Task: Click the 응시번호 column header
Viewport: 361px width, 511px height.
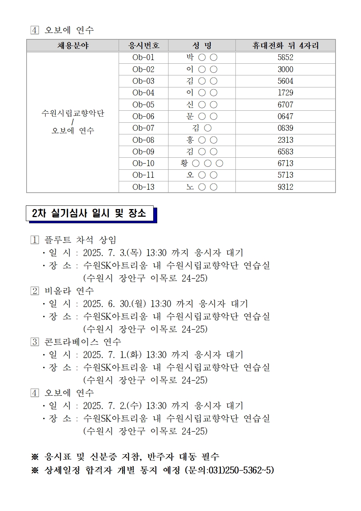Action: [x=143, y=46]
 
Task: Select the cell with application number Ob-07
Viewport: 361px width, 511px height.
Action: [x=143, y=128]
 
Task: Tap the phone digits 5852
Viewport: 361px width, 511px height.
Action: [x=285, y=58]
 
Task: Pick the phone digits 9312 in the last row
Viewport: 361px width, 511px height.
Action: [x=285, y=187]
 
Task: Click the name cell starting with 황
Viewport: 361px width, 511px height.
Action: [x=202, y=164]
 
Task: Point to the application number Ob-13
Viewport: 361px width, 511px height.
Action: [x=143, y=187]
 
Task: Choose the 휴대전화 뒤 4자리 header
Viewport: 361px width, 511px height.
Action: [x=285, y=46]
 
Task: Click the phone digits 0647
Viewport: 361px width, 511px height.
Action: [x=285, y=117]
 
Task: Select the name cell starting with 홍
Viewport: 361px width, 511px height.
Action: [x=202, y=140]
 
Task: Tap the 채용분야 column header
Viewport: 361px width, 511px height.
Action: [x=73, y=46]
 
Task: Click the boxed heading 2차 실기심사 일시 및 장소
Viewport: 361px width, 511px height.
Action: [x=89, y=213]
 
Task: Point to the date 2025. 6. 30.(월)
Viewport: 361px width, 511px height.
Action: [x=114, y=304]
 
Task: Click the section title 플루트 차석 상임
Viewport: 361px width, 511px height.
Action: [x=80, y=240]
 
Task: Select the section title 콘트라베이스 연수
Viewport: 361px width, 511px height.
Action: [x=83, y=342]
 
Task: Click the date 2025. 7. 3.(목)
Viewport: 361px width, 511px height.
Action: [x=112, y=253]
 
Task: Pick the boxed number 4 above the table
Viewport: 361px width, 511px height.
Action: [x=35, y=30]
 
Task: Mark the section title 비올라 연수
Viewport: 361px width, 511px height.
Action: [x=69, y=291]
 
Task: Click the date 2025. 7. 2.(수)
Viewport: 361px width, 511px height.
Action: [x=112, y=406]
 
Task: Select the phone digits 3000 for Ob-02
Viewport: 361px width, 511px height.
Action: [x=285, y=69]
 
